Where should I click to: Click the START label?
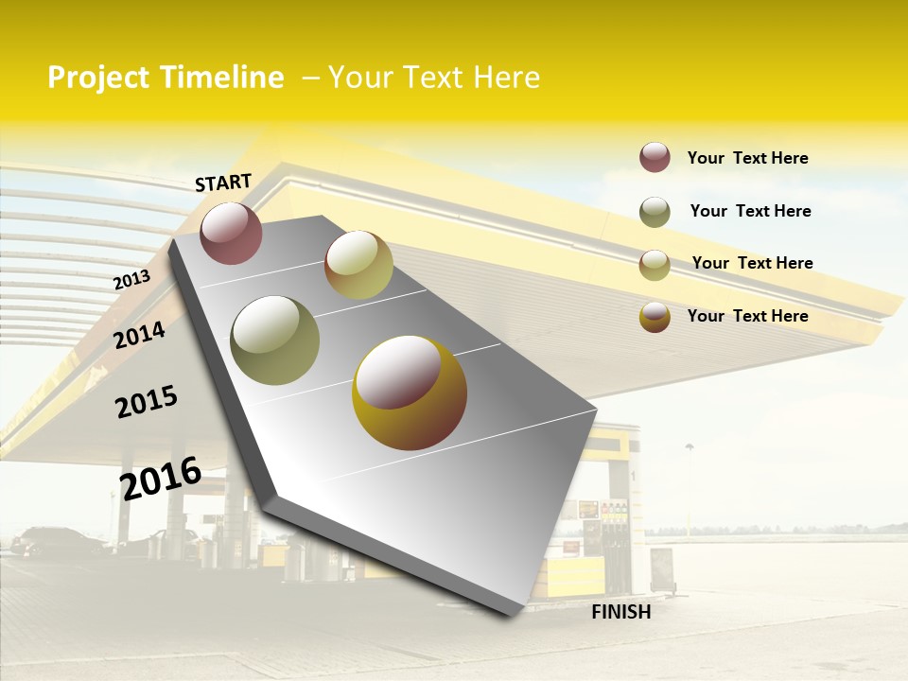point(223,183)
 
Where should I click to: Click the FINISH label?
point(620,612)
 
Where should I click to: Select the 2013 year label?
point(131,280)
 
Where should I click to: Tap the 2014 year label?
point(139,335)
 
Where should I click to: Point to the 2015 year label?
point(146,402)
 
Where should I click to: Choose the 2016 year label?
point(161,478)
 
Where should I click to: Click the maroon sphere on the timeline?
point(231,233)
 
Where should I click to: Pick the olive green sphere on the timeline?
point(274,340)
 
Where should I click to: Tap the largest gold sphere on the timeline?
point(410,393)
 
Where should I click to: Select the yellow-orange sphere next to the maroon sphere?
point(358,265)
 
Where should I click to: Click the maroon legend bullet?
point(655,158)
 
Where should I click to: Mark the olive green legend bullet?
point(655,212)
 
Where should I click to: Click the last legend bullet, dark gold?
point(655,317)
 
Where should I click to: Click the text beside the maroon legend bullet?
point(747,158)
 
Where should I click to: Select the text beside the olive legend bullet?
point(750,211)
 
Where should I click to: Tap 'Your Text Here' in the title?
point(433,78)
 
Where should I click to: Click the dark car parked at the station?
point(57,541)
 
